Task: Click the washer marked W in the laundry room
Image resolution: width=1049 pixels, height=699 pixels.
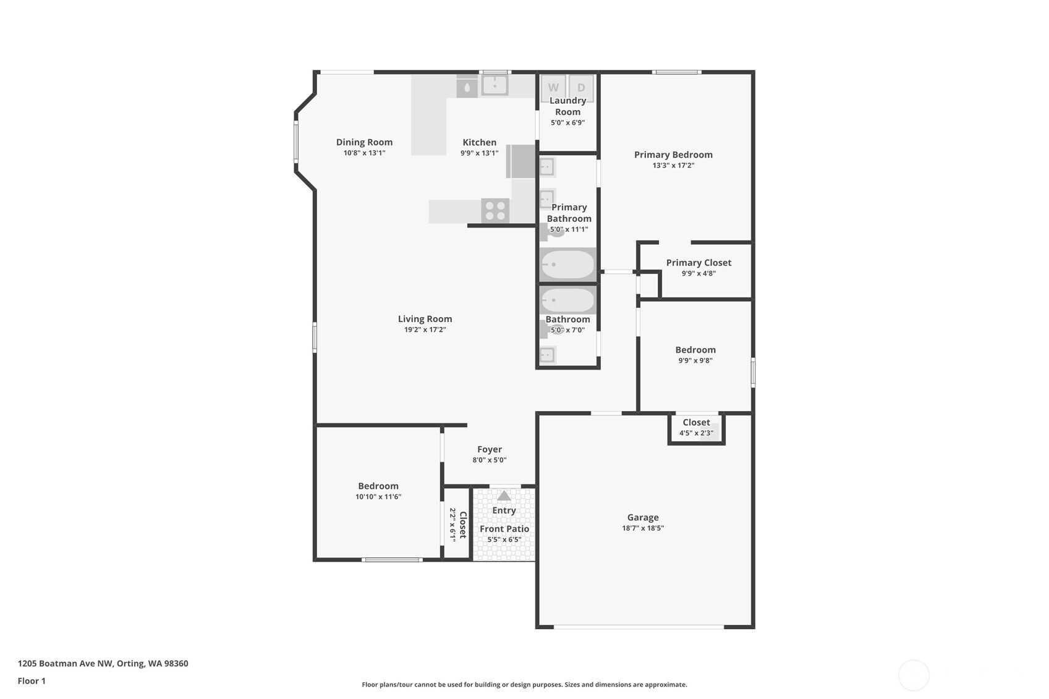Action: pyautogui.click(x=553, y=87)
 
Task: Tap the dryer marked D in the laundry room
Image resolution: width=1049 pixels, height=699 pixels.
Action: pyautogui.click(x=581, y=87)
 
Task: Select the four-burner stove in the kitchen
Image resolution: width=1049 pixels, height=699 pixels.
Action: pyautogui.click(x=495, y=211)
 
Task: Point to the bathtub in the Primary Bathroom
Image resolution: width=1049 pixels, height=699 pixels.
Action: pyautogui.click(x=567, y=265)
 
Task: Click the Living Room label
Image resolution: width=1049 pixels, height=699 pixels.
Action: pyautogui.click(x=425, y=319)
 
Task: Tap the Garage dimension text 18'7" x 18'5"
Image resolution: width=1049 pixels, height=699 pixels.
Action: pyautogui.click(x=643, y=528)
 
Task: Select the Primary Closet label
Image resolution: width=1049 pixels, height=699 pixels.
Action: pyautogui.click(x=699, y=263)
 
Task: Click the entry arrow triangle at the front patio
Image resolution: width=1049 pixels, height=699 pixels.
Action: pyautogui.click(x=504, y=496)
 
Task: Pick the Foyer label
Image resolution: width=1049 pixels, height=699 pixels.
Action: pyautogui.click(x=490, y=449)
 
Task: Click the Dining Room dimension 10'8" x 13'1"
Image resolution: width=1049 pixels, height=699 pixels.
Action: pyautogui.click(x=364, y=153)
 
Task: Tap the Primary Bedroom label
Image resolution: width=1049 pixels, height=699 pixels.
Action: pyautogui.click(x=673, y=155)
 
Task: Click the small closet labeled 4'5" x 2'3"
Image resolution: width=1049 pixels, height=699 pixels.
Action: pyautogui.click(x=696, y=428)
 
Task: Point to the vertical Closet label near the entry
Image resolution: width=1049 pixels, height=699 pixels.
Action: pyautogui.click(x=462, y=525)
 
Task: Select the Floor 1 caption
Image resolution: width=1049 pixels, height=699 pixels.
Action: pyautogui.click(x=32, y=681)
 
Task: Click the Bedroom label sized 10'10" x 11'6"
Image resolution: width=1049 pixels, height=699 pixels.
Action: pyautogui.click(x=378, y=486)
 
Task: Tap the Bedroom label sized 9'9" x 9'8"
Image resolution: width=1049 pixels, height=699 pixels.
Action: pyautogui.click(x=695, y=350)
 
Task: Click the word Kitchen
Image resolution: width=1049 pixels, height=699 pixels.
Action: pyautogui.click(x=479, y=142)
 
